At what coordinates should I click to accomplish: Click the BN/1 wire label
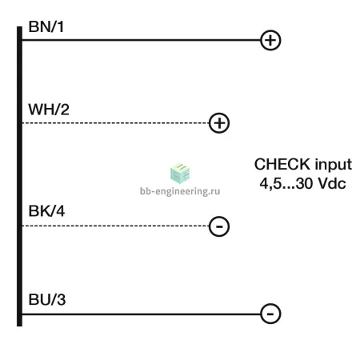click(x=46, y=26)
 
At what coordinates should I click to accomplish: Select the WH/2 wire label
click(x=49, y=110)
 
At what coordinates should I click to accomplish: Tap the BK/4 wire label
click(x=46, y=211)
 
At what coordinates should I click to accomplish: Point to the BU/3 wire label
click(x=47, y=299)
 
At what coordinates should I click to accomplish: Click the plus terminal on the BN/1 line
click(x=270, y=40)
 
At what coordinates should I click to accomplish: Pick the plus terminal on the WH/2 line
click(x=219, y=123)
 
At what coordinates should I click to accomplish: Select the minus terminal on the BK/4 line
click(x=219, y=226)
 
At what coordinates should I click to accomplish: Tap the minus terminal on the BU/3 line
click(x=270, y=314)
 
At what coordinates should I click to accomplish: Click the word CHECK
click(x=282, y=164)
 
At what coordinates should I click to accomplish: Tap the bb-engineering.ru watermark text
click(x=180, y=191)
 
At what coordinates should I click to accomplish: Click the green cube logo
click(x=180, y=174)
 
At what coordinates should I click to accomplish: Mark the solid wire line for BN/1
click(x=141, y=40)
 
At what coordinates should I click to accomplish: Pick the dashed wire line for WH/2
click(x=115, y=123)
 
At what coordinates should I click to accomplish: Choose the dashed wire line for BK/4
click(x=115, y=226)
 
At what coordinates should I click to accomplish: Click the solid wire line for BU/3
click(x=141, y=314)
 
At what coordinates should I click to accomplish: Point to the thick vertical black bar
click(x=19, y=176)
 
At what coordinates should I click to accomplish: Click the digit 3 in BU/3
click(x=62, y=299)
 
